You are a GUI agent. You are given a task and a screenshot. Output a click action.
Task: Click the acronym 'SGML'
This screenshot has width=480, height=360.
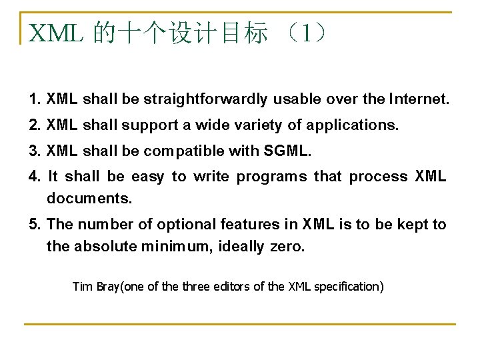(287, 151)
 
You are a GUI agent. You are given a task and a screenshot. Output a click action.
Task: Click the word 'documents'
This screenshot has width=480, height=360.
(89, 199)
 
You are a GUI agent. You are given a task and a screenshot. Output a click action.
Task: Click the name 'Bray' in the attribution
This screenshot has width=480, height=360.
(107, 287)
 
